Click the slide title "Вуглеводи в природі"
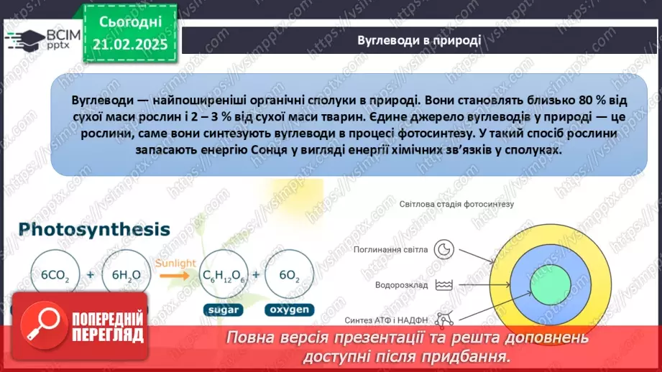(x=419, y=39)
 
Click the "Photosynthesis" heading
(x=95, y=230)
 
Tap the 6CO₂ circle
(x=55, y=275)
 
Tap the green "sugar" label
(x=222, y=310)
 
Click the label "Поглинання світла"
(x=390, y=250)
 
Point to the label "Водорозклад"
(x=401, y=285)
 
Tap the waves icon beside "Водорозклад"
(x=446, y=285)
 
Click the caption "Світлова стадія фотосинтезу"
(x=457, y=205)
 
